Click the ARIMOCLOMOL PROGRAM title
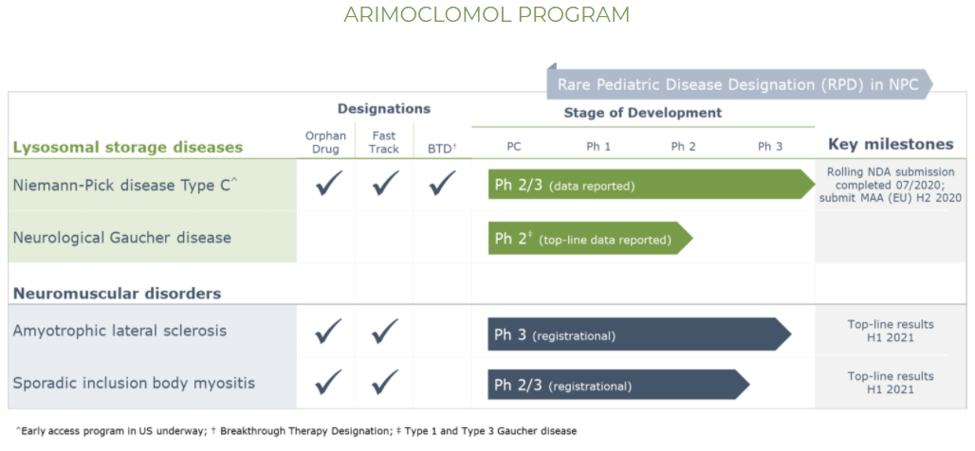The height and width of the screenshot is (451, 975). [x=487, y=15]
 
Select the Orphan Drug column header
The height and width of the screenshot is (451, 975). [x=325, y=142]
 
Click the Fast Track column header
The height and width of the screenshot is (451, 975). [x=384, y=142]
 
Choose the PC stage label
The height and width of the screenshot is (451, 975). [x=514, y=147]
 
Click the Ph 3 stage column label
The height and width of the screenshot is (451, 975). [x=770, y=147]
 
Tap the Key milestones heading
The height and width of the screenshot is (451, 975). [x=891, y=145]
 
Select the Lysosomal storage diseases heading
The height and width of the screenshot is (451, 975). [x=128, y=147]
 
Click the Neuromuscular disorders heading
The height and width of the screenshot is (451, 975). [x=117, y=293]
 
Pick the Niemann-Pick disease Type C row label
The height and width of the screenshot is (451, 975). [x=125, y=185]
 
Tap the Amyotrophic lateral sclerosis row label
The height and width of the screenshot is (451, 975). [x=120, y=331]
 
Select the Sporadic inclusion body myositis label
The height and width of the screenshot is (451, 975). [x=134, y=383]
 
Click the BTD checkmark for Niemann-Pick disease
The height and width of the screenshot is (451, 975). [x=442, y=183]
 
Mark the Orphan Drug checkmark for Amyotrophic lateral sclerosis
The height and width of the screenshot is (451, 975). [x=328, y=332]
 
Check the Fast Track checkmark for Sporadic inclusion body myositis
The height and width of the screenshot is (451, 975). [x=385, y=382]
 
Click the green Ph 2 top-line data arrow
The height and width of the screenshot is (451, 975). [x=590, y=238]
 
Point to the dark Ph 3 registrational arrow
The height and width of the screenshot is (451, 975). [x=639, y=334]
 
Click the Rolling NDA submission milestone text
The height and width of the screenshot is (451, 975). [x=890, y=185]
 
